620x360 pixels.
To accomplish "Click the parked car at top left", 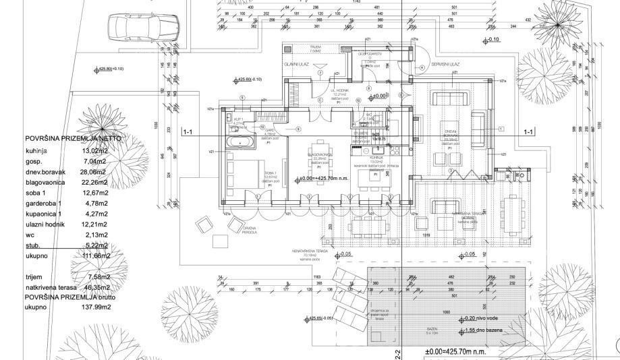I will coord(142,28).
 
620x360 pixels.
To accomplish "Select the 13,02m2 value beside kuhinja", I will coord(96,150).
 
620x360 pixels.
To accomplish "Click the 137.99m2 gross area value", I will coord(97,307).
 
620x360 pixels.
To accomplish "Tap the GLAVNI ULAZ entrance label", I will coord(296,65).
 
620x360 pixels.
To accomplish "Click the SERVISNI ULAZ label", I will coord(447,64).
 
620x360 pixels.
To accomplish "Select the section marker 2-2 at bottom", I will coord(398,353).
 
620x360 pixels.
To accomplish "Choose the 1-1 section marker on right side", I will coord(529,132).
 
